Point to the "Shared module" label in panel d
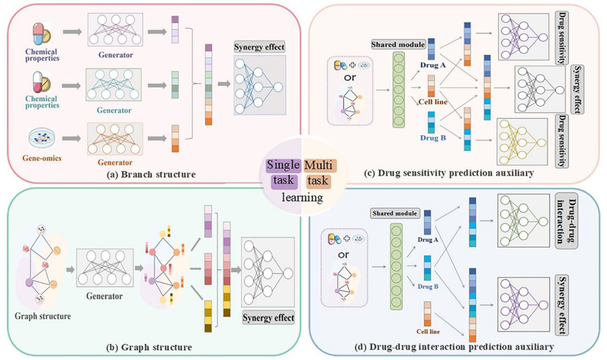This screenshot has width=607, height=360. tap(393, 214)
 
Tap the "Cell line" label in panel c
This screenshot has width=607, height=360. tap(433, 102)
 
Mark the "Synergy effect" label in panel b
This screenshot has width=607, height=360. tap(268, 318)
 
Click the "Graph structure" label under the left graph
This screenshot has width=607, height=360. tap(43, 316)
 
